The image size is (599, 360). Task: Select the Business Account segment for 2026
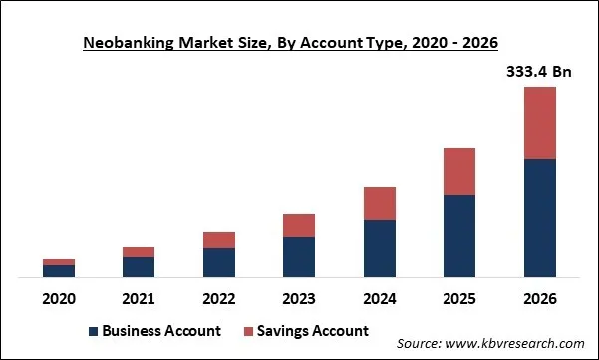click(x=539, y=217)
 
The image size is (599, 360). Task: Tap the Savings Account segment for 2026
click(x=539, y=123)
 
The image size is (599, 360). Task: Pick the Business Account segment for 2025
click(x=459, y=236)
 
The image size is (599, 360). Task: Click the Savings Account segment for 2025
click(x=459, y=172)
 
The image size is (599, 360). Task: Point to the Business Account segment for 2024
click(x=379, y=248)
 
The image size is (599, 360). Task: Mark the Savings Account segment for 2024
click(x=379, y=203)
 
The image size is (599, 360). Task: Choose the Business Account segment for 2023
click(x=299, y=257)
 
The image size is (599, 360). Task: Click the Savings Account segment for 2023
click(x=299, y=225)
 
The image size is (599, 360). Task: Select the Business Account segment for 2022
click(x=219, y=262)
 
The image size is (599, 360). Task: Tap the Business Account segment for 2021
click(x=139, y=267)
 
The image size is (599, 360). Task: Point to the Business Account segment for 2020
click(x=59, y=271)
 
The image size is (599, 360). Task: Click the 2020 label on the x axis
click(x=59, y=298)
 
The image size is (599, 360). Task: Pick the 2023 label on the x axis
click(x=299, y=298)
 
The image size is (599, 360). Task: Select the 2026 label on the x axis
click(x=539, y=298)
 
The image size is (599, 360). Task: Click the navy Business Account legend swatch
click(x=95, y=331)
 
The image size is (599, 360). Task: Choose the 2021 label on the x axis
click(x=139, y=298)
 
